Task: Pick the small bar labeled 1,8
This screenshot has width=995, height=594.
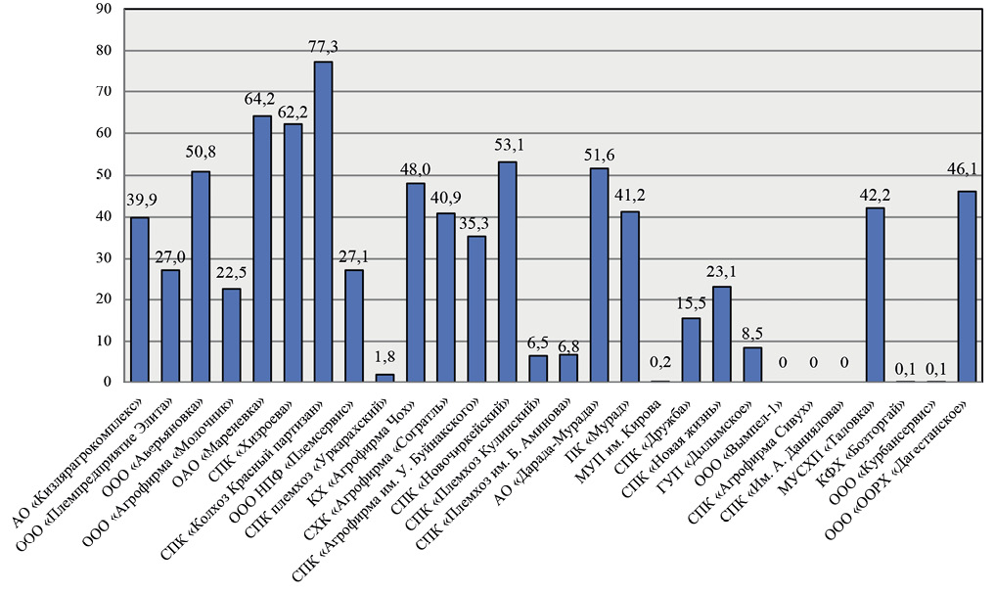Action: click(384, 378)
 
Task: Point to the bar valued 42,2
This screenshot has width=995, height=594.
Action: click(875, 295)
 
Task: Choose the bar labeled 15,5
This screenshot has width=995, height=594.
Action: click(691, 350)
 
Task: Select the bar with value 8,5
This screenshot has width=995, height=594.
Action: click(752, 365)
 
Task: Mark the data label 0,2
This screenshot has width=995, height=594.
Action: click(660, 362)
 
